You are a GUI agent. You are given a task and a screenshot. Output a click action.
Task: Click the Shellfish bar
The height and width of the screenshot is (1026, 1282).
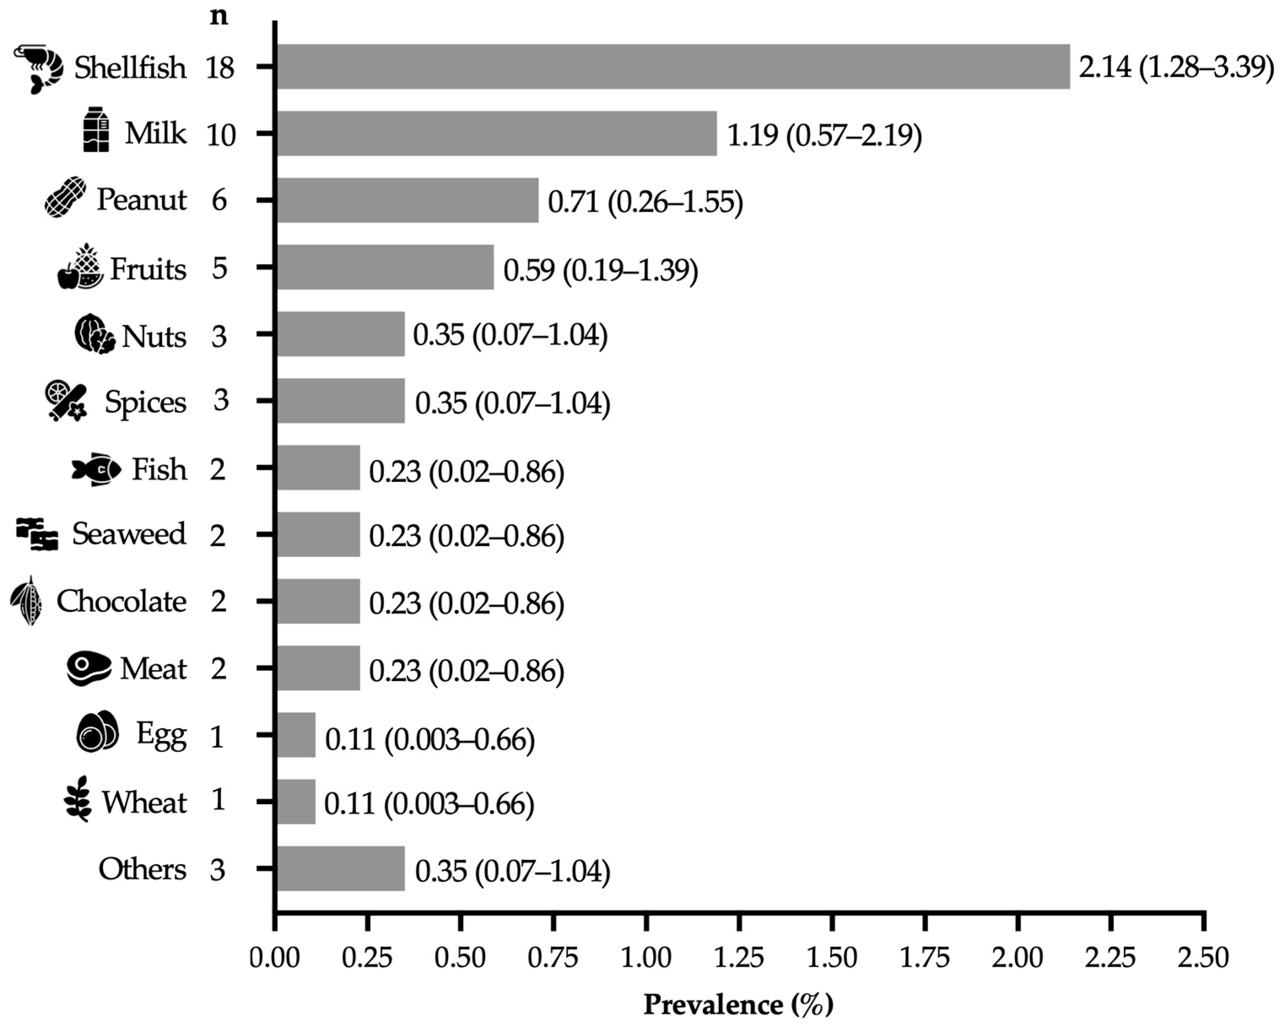[x=672, y=67]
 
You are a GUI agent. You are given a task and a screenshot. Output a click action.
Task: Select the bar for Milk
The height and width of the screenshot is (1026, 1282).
[x=496, y=133]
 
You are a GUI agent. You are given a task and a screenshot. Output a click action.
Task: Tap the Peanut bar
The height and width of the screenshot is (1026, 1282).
[x=407, y=200]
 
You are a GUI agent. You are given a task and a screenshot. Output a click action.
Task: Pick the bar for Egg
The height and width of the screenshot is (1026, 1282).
[x=296, y=735]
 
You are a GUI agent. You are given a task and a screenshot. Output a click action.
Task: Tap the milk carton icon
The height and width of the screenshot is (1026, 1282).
[x=96, y=129]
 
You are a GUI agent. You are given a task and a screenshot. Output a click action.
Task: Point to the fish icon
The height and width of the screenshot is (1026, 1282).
[x=96, y=470]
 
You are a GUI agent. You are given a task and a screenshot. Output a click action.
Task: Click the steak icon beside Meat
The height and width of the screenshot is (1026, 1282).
[x=89, y=669]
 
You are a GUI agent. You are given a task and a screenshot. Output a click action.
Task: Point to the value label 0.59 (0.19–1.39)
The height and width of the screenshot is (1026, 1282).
[x=601, y=270]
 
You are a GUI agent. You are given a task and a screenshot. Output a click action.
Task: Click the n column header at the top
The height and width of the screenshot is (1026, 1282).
[x=219, y=16]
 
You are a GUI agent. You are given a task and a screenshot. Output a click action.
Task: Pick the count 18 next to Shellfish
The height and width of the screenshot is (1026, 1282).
[x=220, y=68]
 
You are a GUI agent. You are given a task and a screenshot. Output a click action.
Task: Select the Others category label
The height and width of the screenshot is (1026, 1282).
[x=142, y=869]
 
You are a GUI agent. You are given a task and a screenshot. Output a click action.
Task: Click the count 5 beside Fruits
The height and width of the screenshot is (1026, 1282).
[x=219, y=268]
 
